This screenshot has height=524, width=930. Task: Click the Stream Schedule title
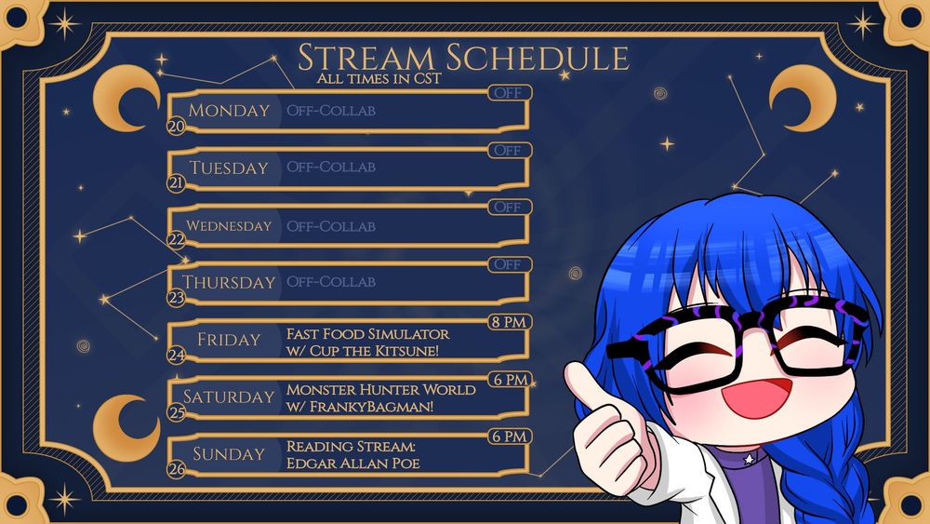click(x=462, y=58)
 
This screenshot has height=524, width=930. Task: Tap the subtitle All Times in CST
click(x=379, y=79)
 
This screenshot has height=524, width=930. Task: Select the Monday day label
click(x=229, y=111)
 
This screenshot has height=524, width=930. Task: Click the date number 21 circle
click(x=176, y=183)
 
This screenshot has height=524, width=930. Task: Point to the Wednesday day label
click(x=229, y=225)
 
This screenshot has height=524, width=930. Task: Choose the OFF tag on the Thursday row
click(x=509, y=264)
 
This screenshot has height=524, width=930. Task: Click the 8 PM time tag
click(x=509, y=322)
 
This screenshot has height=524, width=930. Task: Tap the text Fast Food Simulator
click(x=367, y=334)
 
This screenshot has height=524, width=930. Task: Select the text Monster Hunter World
click(x=380, y=390)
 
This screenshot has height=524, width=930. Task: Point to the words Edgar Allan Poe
click(x=352, y=463)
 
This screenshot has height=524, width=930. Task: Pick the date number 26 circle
click(x=176, y=469)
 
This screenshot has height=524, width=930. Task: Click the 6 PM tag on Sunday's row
click(x=509, y=437)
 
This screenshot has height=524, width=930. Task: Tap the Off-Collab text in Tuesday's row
click(x=331, y=168)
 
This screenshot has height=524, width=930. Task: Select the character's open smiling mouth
click(x=757, y=396)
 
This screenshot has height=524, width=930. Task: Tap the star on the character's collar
click(x=749, y=459)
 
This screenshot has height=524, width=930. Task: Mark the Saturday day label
click(x=229, y=396)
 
